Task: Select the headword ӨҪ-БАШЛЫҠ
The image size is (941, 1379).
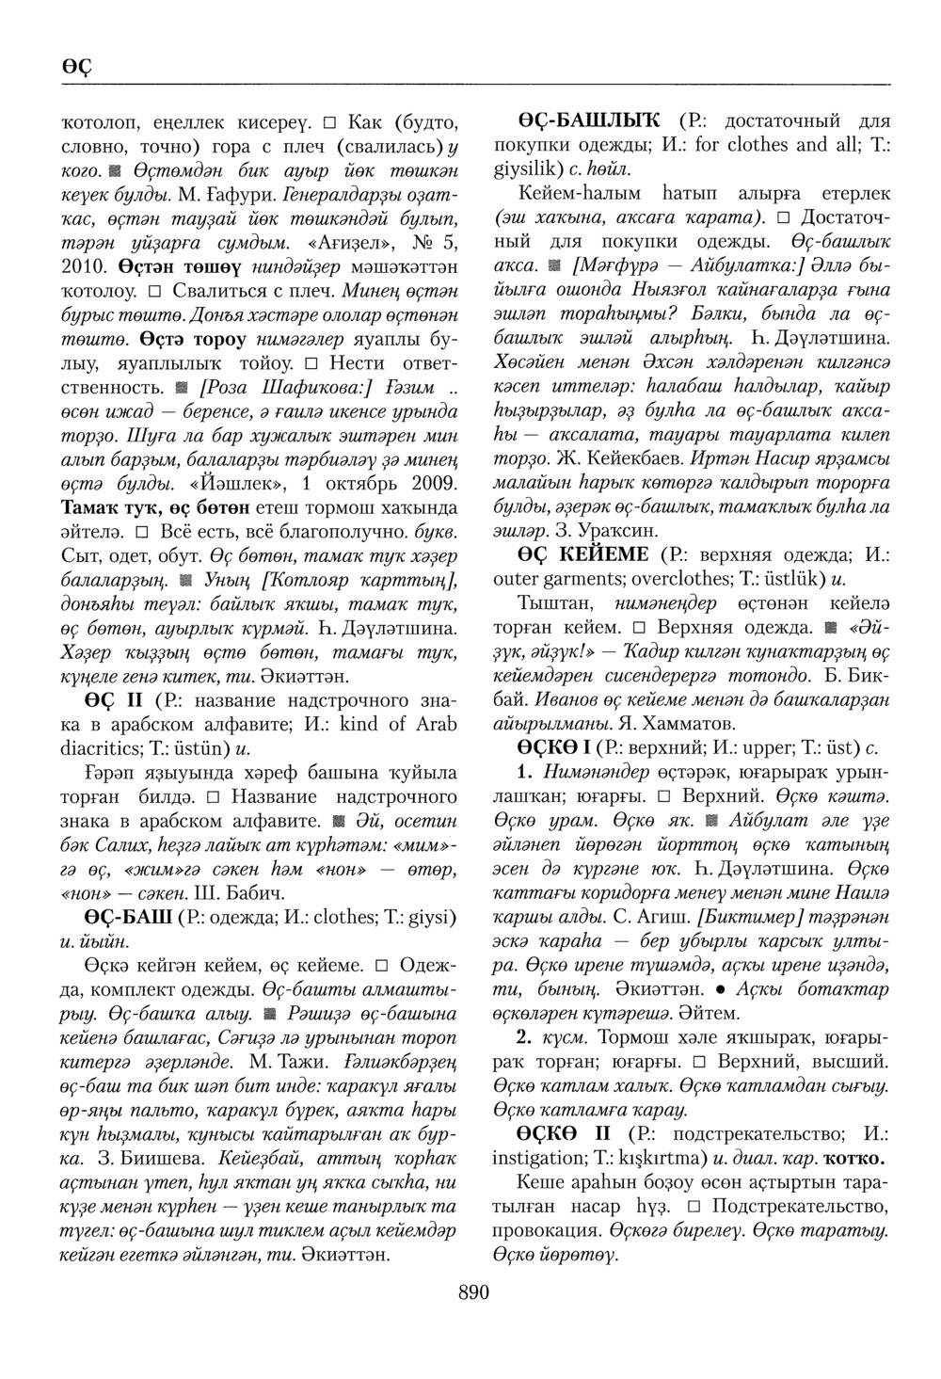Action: pos(591,122)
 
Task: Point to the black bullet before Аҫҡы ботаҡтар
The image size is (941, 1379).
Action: pos(718,990)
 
